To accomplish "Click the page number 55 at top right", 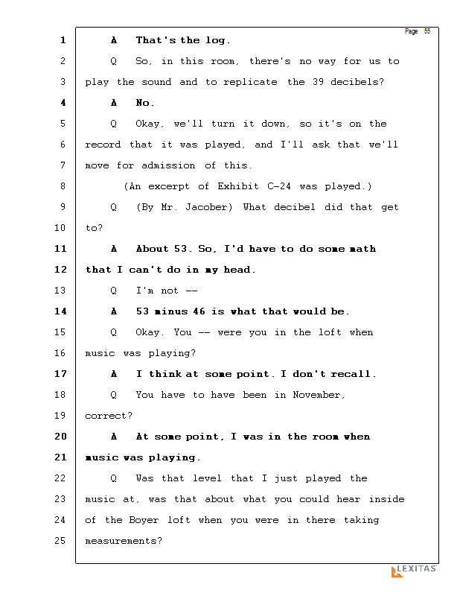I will click(x=427, y=31).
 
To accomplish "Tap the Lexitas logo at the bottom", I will click(x=414, y=571).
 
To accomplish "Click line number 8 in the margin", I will click(x=63, y=186).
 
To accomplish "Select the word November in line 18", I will click(x=319, y=395).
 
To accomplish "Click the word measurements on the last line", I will click(x=123, y=541).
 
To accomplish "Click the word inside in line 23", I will click(x=386, y=499).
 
